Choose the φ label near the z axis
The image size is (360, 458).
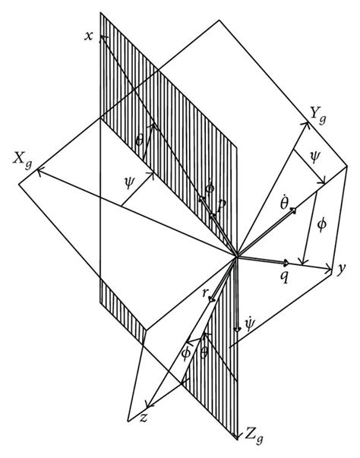tap(185, 352)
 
